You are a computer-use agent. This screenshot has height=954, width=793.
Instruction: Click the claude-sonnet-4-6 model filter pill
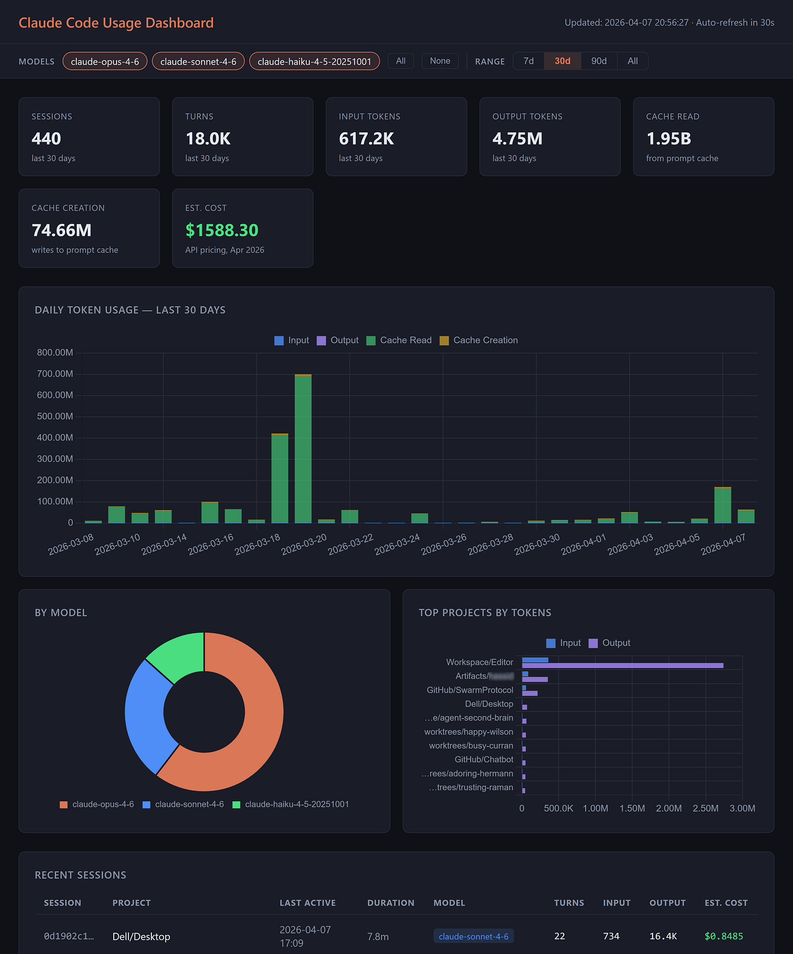(198, 62)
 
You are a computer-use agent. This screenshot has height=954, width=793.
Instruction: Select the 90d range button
(599, 61)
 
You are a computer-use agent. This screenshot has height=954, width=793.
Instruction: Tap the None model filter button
(440, 61)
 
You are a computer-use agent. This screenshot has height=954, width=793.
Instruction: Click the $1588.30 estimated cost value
(222, 230)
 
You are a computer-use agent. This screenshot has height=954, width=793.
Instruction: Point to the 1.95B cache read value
(668, 139)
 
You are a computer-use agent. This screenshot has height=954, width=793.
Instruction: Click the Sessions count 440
(46, 139)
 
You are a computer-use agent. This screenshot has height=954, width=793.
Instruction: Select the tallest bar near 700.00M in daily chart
(303, 449)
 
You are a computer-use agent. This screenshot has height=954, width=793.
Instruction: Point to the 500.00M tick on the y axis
(55, 417)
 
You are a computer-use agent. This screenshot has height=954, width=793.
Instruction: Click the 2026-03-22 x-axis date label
(351, 545)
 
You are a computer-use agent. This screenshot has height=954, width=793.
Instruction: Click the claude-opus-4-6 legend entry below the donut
(97, 804)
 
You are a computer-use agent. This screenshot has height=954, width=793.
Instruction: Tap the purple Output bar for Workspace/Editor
(623, 665)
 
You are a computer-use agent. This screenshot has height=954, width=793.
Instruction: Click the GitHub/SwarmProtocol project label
(469, 690)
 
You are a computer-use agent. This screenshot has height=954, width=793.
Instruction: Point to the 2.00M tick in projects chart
(668, 808)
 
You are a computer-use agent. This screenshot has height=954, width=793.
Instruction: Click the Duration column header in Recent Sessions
(391, 903)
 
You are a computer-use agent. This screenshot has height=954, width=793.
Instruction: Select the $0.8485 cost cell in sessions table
(723, 936)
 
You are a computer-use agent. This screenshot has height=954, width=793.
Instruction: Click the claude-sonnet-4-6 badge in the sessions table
(473, 936)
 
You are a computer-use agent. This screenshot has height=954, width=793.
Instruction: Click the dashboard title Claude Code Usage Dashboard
(116, 23)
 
